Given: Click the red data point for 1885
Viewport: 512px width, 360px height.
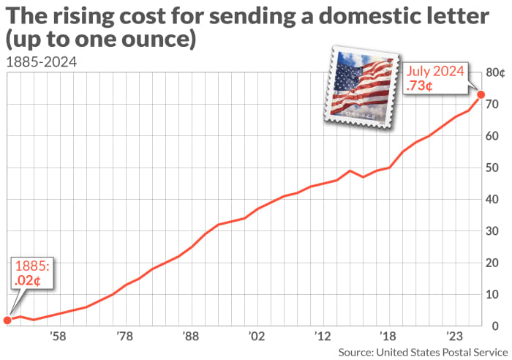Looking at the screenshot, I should pos(7,320).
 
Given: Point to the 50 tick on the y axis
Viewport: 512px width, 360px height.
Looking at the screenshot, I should pos(494,168).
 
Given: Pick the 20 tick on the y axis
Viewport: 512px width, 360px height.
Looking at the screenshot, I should pos(494,263).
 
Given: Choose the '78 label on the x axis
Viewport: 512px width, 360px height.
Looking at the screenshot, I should pos(124,337).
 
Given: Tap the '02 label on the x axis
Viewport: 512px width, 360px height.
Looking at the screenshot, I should pos(256,337).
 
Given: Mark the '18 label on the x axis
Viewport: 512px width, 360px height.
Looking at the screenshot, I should pos(388,337).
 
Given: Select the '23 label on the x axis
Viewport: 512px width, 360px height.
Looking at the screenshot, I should pos(455,337).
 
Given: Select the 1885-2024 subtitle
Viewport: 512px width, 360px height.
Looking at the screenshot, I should pos(40,61).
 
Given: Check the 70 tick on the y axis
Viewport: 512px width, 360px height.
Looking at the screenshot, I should pos(494,105).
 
